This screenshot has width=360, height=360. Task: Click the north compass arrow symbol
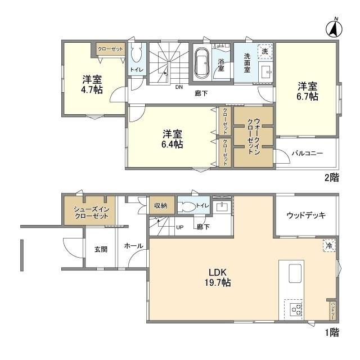(333, 28)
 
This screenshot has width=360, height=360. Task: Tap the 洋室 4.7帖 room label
(91, 84)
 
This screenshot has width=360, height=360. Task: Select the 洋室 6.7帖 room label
(308, 92)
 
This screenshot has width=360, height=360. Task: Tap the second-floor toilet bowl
(136, 56)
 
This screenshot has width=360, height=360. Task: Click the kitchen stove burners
(295, 308)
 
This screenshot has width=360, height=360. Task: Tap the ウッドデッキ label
(305, 215)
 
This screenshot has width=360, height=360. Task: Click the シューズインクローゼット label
(91, 213)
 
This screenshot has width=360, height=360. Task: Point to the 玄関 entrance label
(101, 249)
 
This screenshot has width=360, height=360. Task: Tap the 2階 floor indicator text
(331, 177)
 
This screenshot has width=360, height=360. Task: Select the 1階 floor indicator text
(331, 332)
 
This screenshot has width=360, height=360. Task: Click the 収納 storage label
(161, 206)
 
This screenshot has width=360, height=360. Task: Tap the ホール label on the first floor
(133, 246)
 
